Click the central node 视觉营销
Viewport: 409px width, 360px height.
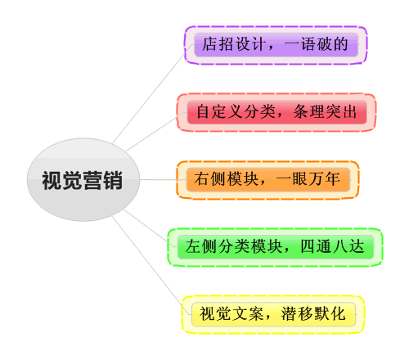[x=83, y=180]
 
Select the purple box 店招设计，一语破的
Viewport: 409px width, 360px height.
[x=276, y=45]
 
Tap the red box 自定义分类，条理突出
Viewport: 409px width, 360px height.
[x=276, y=112]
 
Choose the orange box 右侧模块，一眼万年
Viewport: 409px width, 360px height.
[x=267, y=179]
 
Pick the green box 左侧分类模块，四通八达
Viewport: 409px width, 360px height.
[x=275, y=247]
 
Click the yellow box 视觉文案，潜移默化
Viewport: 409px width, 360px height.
[x=273, y=314]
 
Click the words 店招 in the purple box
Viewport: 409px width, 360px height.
[x=218, y=44]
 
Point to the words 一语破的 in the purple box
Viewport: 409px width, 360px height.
[x=317, y=44]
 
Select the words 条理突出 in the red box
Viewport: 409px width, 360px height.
[x=325, y=111]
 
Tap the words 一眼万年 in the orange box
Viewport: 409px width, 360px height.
[x=308, y=179]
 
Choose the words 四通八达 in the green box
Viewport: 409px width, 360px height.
[x=332, y=246]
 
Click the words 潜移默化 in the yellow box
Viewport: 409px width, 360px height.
[x=313, y=313]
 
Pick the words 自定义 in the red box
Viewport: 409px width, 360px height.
[x=219, y=111]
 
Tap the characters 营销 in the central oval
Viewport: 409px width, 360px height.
[x=102, y=180]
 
